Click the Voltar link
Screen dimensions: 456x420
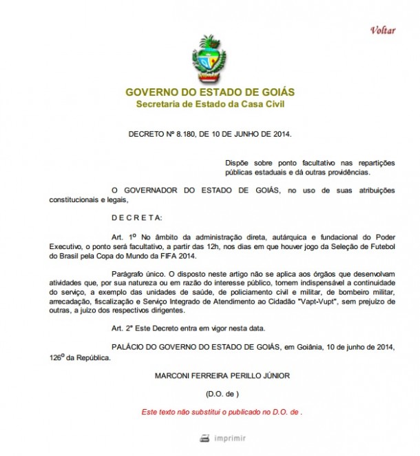tap(383, 30)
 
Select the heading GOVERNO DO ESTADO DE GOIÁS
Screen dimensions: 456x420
tap(210, 92)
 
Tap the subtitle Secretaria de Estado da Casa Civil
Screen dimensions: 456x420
tap(210, 104)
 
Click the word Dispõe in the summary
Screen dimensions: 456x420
tap(238, 162)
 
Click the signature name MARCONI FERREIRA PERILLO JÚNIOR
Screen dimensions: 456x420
tap(212, 375)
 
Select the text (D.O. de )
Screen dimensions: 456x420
tap(222, 394)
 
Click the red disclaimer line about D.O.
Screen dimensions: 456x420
tap(222, 412)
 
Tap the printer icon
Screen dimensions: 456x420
tap(204, 437)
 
